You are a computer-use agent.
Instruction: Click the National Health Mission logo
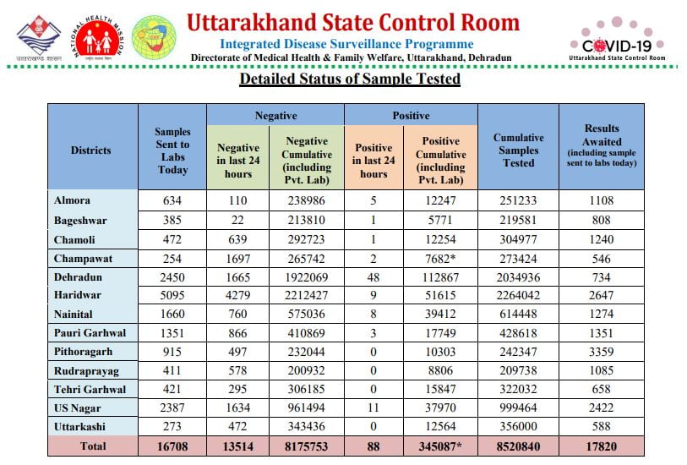[98, 38]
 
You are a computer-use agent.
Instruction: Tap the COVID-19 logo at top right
[617, 40]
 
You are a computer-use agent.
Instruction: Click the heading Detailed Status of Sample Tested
[350, 79]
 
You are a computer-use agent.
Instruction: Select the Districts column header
[90, 150]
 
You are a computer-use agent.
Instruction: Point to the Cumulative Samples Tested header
[518, 150]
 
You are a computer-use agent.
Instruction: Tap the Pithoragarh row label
[84, 352]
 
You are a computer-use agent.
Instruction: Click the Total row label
[93, 446]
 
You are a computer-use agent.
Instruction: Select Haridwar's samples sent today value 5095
[172, 295]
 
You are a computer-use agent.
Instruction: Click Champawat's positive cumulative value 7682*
[440, 259]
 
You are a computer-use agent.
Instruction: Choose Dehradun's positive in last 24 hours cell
[373, 277]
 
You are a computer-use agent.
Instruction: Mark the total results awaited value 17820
[601, 446]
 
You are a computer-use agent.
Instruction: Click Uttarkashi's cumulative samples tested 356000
[518, 426]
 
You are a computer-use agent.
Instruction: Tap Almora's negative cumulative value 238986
[306, 200]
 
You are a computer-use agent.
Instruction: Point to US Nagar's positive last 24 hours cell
[373, 408]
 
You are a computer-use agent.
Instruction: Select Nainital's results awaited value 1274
[601, 314]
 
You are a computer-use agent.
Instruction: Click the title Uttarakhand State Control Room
[353, 23]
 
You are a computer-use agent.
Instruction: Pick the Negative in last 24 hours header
[238, 161]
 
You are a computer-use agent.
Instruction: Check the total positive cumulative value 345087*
[440, 446]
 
